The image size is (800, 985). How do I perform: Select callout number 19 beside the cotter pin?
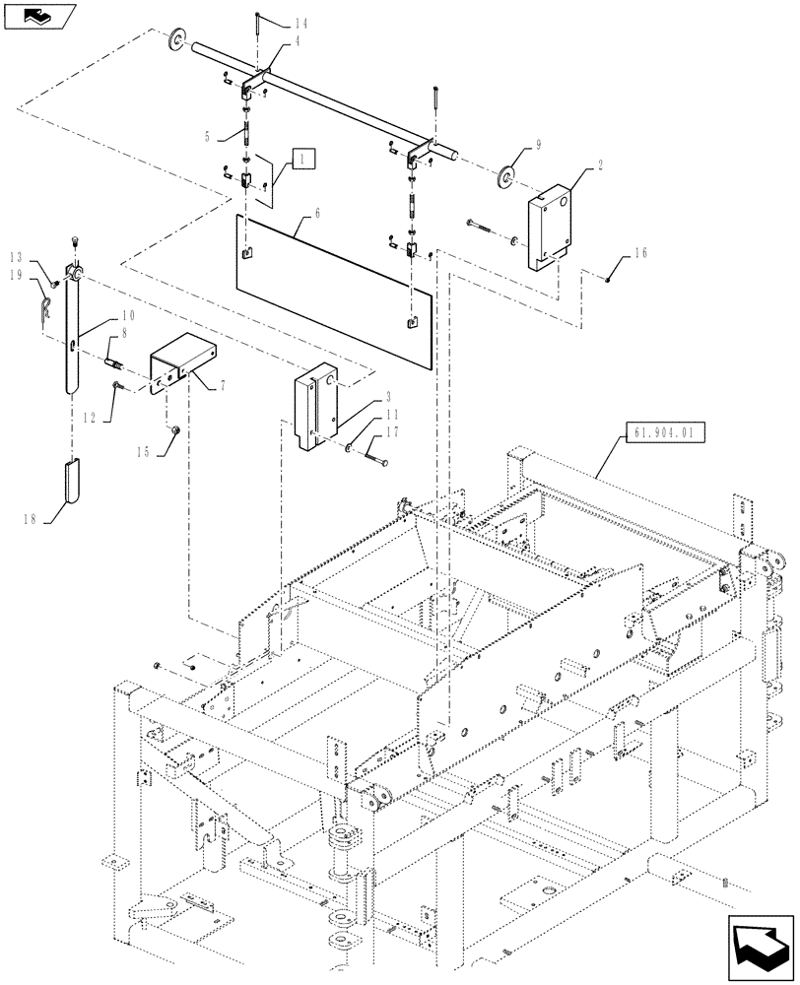click(x=17, y=276)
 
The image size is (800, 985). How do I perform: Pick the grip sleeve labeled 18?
click(x=74, y=483)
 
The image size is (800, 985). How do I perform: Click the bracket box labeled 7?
click(x=179, y=357)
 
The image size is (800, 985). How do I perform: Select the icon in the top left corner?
click(x=37, y=16)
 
